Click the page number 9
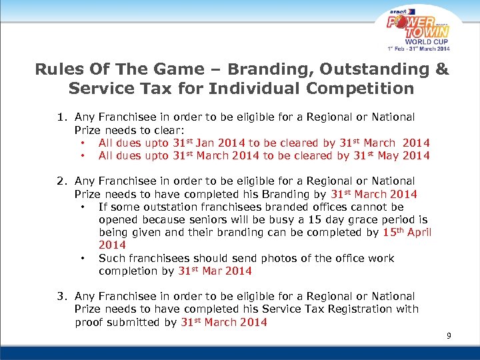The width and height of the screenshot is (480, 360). [x=449, y=335]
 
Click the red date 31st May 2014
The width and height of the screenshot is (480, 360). [x=393, y=155]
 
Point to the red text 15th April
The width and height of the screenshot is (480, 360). [x=407, y=233]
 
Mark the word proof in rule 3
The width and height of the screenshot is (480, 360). [x=89, y=322]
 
